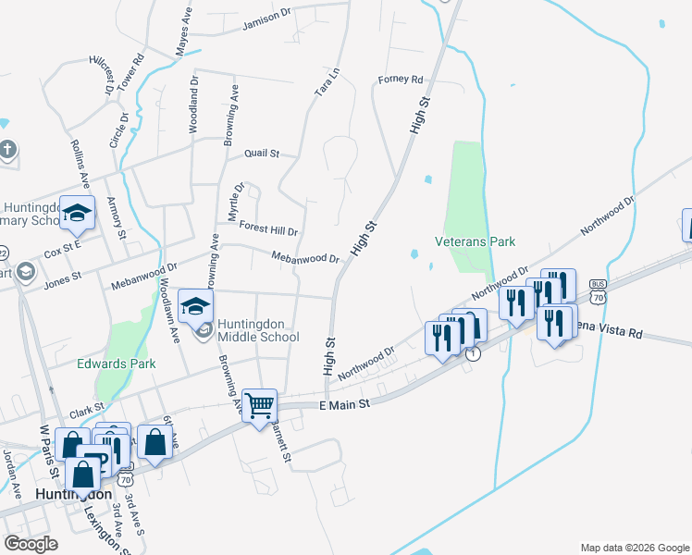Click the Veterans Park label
pos(475,241)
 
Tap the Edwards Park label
pos(116,364)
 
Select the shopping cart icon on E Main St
pos(260,405)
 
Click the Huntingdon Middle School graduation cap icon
pos(196,305)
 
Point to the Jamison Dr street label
pos(266,25)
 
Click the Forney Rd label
pos(401,80)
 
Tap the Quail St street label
pos(261,154)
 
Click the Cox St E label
pos(63,249)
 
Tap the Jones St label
pos(63,276)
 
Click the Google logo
pos(31,544)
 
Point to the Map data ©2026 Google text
pos(635,548)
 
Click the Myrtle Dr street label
pos(234,202)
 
